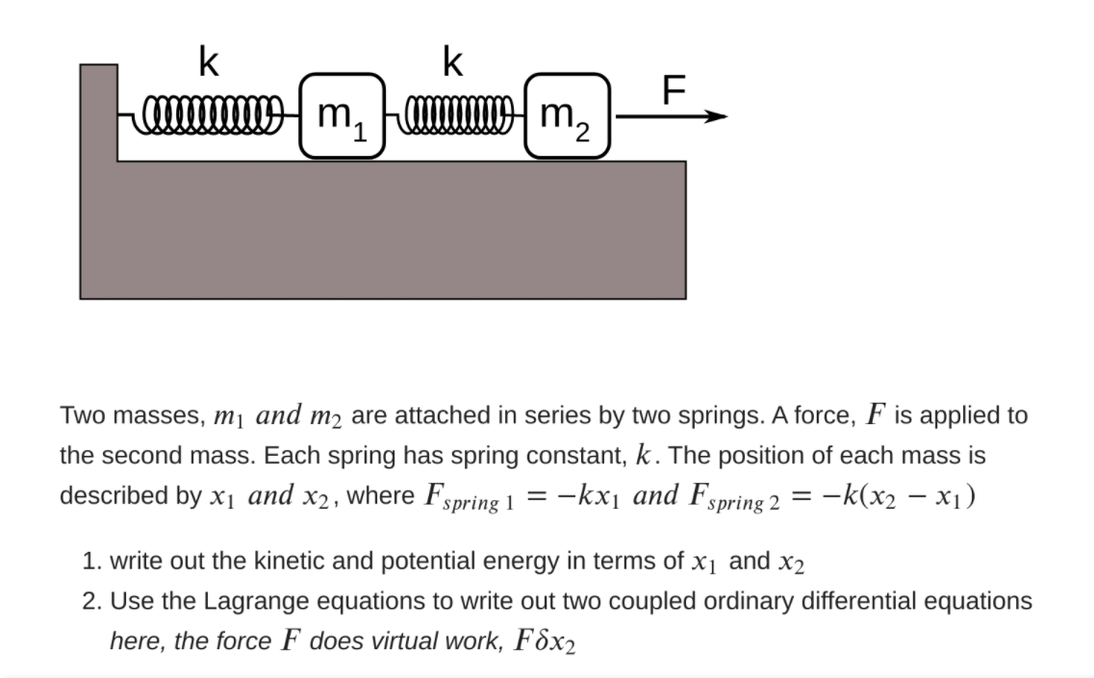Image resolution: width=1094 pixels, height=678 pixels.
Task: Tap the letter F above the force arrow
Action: click(x=674, y=89)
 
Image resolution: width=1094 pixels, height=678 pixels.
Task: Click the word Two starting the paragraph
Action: click(x=82, y=416)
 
